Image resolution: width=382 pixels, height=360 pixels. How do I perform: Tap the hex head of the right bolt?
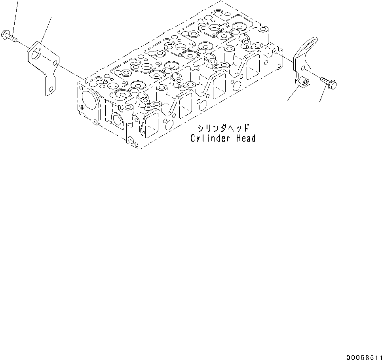pos(333,84)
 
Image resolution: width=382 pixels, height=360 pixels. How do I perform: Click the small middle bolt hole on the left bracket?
pos(55,63)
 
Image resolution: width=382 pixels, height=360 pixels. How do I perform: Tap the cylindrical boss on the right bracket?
pos(304,82)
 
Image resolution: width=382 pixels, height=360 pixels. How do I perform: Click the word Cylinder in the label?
pos(205,138)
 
